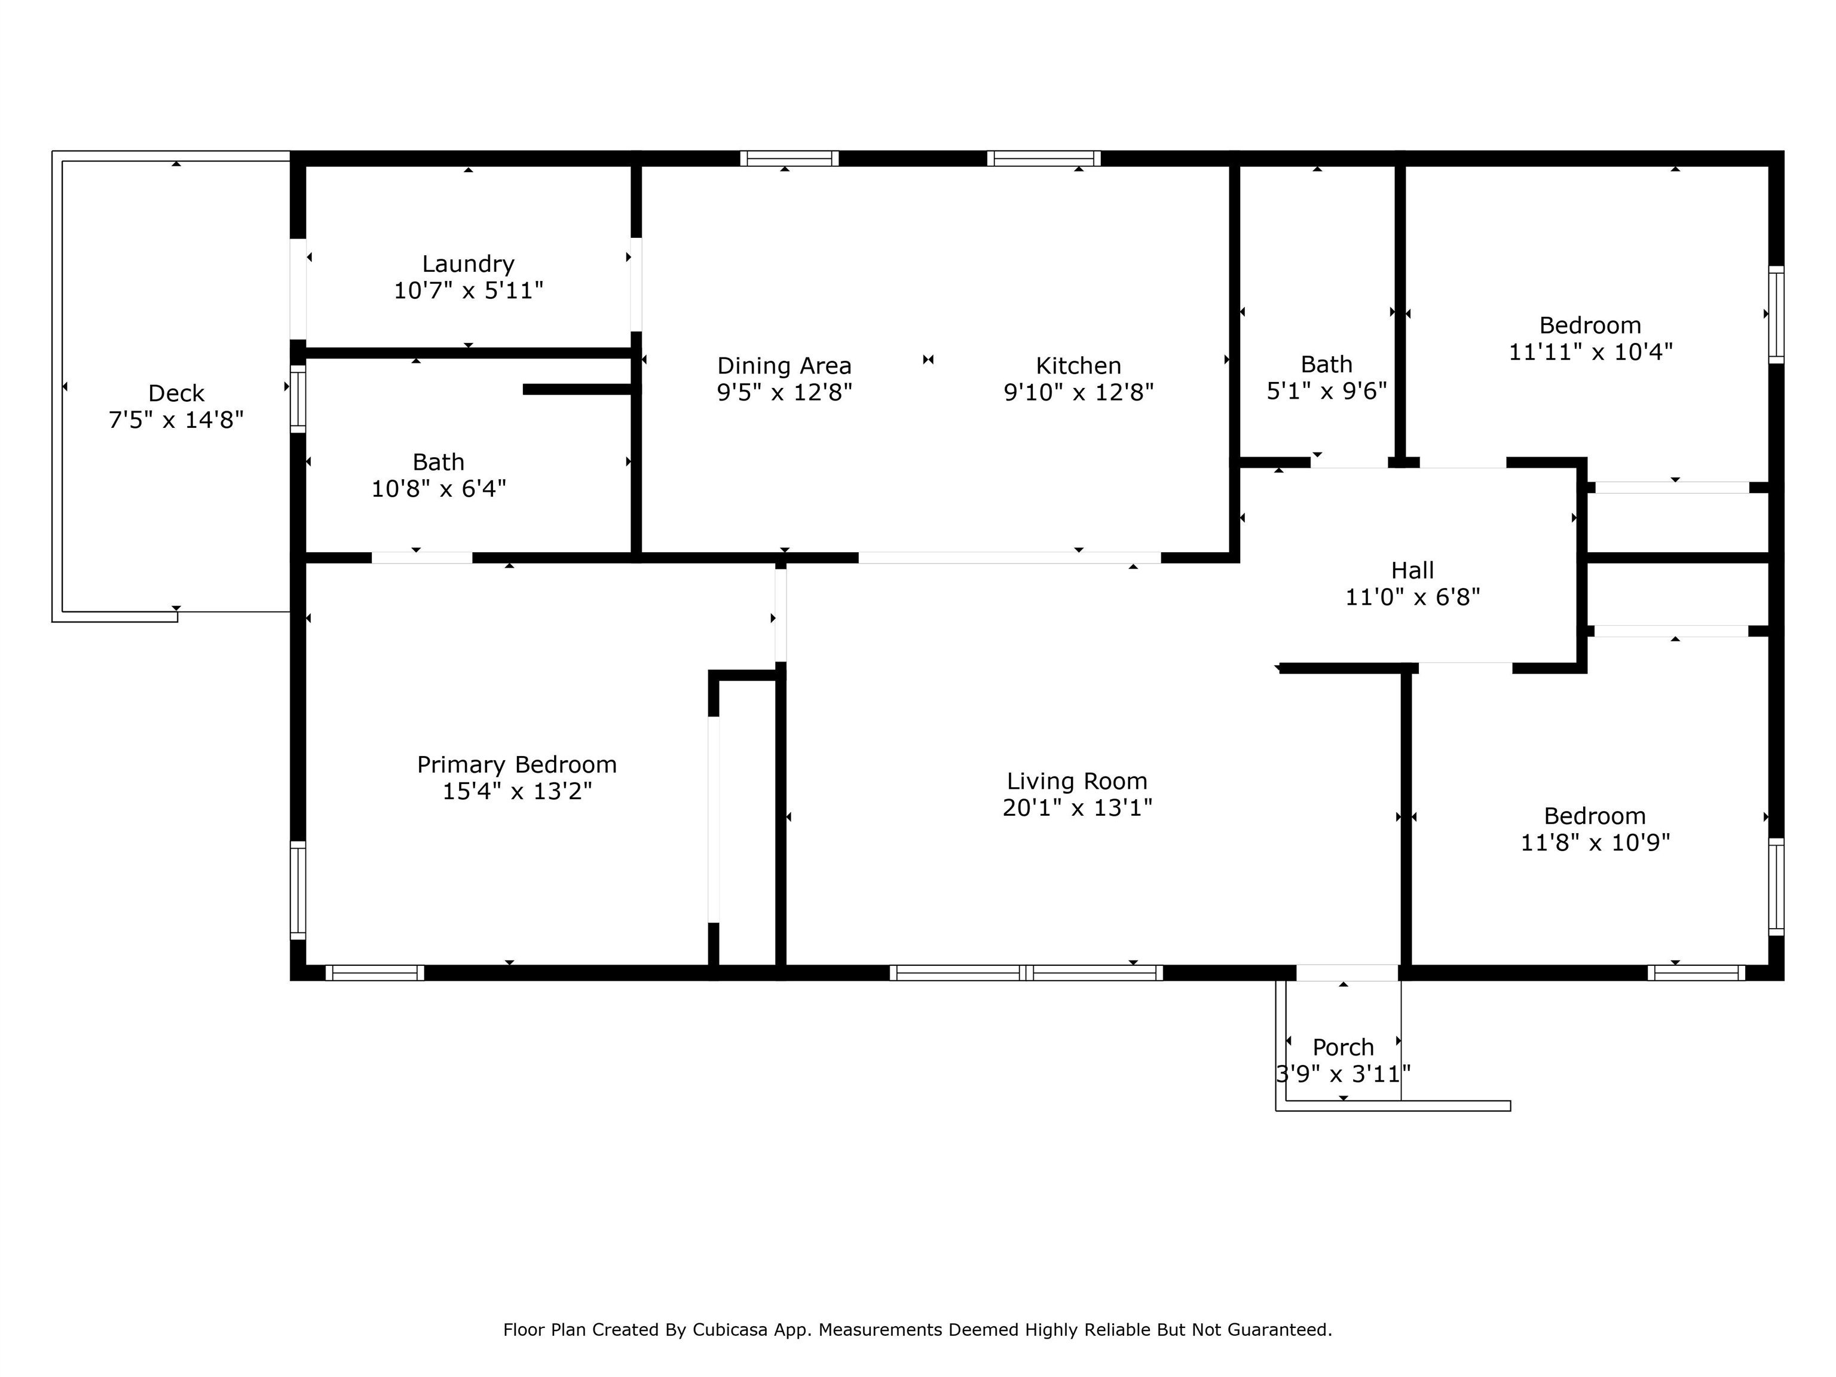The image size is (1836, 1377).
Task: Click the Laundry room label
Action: point(468,264)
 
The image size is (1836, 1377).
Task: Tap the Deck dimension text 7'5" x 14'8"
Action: point(176,420)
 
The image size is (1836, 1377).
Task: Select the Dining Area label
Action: point(784,365)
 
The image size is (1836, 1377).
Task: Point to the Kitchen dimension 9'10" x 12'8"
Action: point(1078,392)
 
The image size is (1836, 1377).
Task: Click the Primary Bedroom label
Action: point(516,764)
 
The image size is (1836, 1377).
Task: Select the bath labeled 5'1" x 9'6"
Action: point(1326,378)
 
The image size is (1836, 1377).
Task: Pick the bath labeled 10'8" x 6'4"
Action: point(438,475)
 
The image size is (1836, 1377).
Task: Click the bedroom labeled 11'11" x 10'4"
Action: point(1590,339)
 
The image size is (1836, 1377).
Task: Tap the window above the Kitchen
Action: point(1044,158)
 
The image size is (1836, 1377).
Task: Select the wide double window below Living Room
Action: point(1026,973)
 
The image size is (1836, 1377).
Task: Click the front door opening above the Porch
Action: point(1347,973)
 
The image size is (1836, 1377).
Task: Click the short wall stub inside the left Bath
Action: point(578,389)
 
